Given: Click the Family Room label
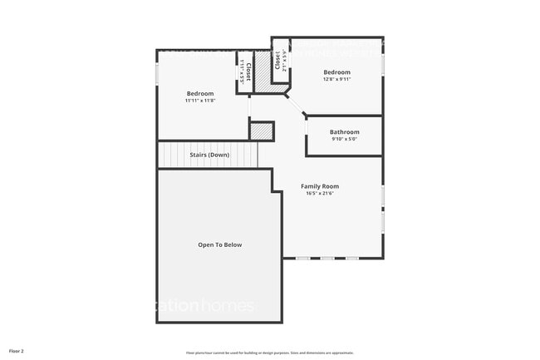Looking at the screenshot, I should [320, 186].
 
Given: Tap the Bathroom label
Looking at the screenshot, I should [344, 132].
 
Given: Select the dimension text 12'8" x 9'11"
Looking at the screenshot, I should [336, 80].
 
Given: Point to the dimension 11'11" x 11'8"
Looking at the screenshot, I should [200, 101].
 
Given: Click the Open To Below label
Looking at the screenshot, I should [220, 244].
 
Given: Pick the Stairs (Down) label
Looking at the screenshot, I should [209, 155].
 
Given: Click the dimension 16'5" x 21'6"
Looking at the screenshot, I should [320, 195].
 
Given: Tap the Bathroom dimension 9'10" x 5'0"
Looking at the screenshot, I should [344, 140].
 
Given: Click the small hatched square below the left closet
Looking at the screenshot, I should [263, 131].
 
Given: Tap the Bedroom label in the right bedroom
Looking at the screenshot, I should [336, 72].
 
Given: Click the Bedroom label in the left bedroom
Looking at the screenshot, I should [200, 93].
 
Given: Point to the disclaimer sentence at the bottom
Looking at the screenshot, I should [270, 352].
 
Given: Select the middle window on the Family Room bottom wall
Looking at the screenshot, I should [327, 258].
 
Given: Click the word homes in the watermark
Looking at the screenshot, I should [228, 306].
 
